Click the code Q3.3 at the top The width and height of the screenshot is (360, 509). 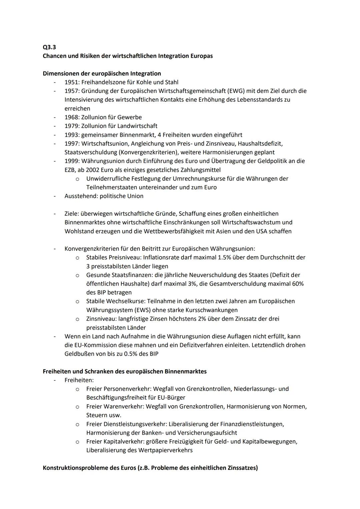(x=49, y=47)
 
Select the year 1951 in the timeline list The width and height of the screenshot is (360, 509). (x=72, y=82)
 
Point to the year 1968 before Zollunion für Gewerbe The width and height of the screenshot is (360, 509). (x=72, y=117)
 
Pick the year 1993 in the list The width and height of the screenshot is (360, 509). (x=72, y=135)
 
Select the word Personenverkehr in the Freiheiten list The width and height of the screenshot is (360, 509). (x=124, y=389)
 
